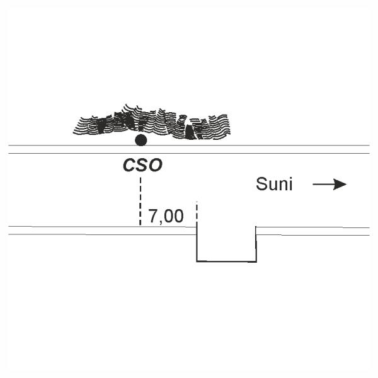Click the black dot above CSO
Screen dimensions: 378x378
(141, 140)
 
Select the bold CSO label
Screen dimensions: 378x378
(142, 166)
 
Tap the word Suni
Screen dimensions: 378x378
(274, 185)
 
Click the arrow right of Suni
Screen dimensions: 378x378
(329, 185)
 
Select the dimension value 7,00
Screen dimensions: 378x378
(166, 217)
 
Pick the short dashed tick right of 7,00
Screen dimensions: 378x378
(197, 212)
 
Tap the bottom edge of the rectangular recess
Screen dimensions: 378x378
(227, 261)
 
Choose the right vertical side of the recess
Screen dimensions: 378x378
(256, 244)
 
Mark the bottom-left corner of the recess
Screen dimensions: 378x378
(197, 261)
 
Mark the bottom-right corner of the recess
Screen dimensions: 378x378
(256, 261)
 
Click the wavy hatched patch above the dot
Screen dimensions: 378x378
(151, 123)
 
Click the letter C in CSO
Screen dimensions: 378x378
(127, 166)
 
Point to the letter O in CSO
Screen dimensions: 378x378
(156, 166)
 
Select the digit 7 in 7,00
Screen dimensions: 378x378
(152, 217)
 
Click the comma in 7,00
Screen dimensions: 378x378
(161, 222)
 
